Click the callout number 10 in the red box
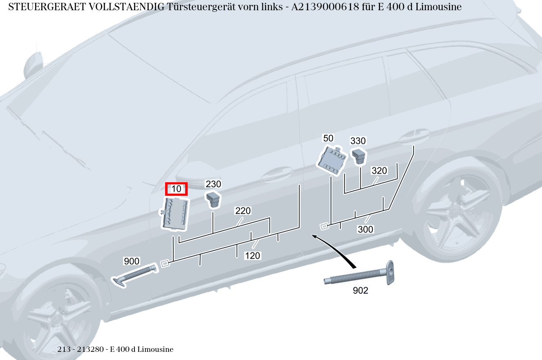pos(176,189)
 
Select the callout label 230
pos(213,184)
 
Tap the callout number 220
pos(243,211)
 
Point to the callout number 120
pos(253,256)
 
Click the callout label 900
pos(132,261)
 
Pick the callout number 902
pos(360,291)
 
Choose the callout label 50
pos(328,138)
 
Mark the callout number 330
pos(358,141)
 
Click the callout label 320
pos(379,171)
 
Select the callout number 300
pos(365,229)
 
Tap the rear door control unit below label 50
pos(332,160)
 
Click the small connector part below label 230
pos(213,199)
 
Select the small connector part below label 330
pos(359,156)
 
